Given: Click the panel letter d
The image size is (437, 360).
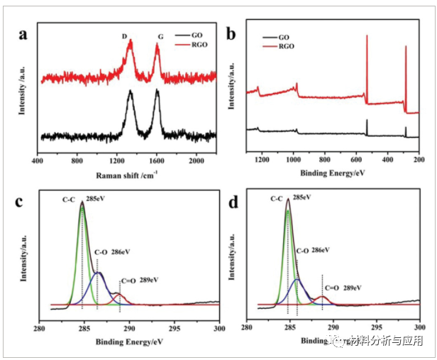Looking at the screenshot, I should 231,202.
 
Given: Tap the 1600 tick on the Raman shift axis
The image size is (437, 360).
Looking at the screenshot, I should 157,161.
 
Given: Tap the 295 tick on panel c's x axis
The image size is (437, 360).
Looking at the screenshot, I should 175,329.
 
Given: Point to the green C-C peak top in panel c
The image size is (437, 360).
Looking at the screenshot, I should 82,204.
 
